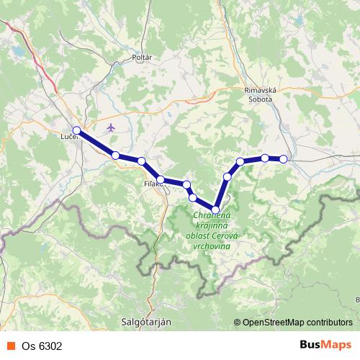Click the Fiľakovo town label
click(x=154, y=184)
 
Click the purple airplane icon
click(x=110, y=127)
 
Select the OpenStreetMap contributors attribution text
click(x=297, y=323)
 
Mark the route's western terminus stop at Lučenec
click(x=76, y=130)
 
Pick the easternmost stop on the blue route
click(x=284, y=159)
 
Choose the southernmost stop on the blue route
click(x=215, y=210)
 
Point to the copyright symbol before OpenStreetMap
click(x=238, y=323)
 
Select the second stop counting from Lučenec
click(x=115, y=155)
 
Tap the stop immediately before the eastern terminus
click(x=265, y=158)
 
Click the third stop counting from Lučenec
click(x=142, y=161)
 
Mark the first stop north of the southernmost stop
click(x=228, y=176)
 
